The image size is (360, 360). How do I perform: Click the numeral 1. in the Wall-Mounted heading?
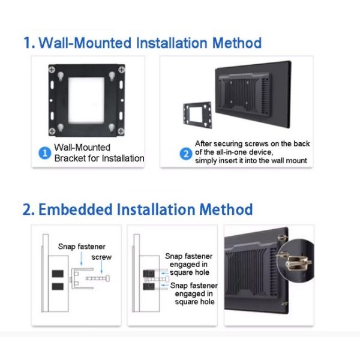(29, 43)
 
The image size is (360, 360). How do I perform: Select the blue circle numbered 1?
(44, 153)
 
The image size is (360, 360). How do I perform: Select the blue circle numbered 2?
(185, 152)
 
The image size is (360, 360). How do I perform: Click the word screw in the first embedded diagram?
(101, 257)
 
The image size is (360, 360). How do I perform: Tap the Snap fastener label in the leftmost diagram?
(82, 246)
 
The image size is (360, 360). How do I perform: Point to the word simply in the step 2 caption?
(208, 161)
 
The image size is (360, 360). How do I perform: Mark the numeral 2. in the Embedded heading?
(28, 209)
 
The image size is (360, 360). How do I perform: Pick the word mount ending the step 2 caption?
(296, 161)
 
